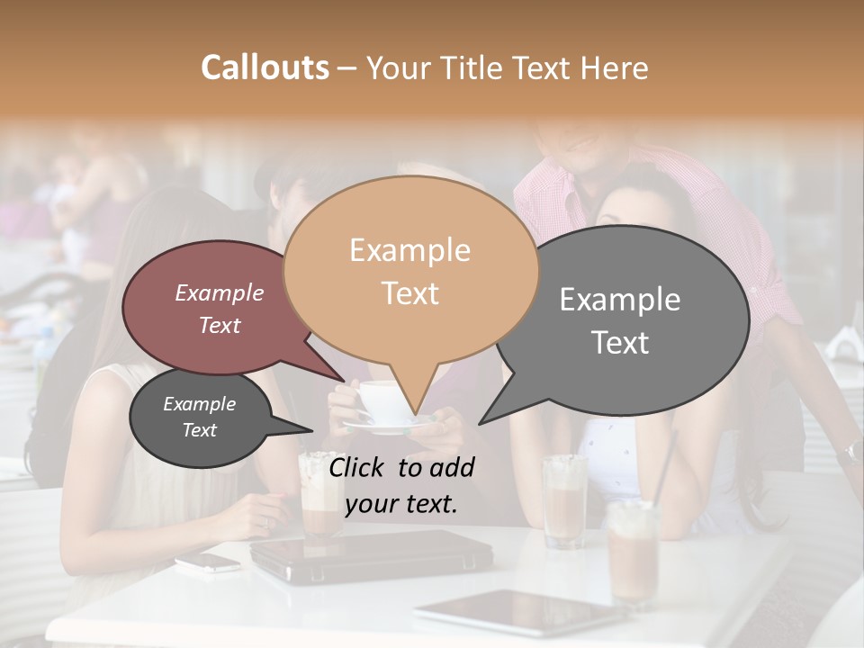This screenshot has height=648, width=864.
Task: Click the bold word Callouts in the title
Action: pos(265,67)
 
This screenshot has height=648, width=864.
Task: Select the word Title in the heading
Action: pos(472,67)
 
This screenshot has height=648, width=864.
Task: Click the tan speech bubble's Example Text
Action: pos(409,272)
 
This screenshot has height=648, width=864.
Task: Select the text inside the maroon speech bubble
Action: pos(220,309)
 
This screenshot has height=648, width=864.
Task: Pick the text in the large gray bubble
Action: pos(620,320)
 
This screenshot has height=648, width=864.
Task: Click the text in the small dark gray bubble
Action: pos(199,417)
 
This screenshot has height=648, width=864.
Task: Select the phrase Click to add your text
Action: pos(400,485)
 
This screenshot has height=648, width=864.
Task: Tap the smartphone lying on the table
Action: pos(207,562)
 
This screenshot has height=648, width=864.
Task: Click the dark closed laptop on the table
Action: pos(370,553)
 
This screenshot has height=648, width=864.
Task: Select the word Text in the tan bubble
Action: pos(409,293)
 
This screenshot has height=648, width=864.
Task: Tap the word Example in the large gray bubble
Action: pos(620,299)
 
